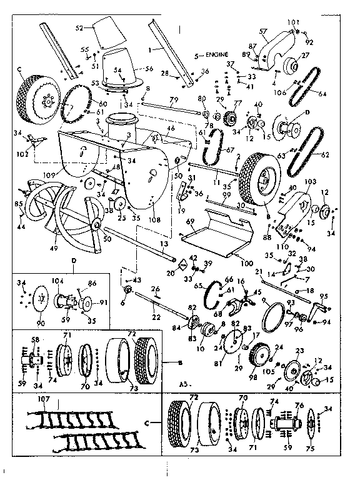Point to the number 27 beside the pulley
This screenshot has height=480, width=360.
pyautogui.click(x=304, y=56)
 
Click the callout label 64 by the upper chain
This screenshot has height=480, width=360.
pyautogui.click(x=322, y=94)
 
